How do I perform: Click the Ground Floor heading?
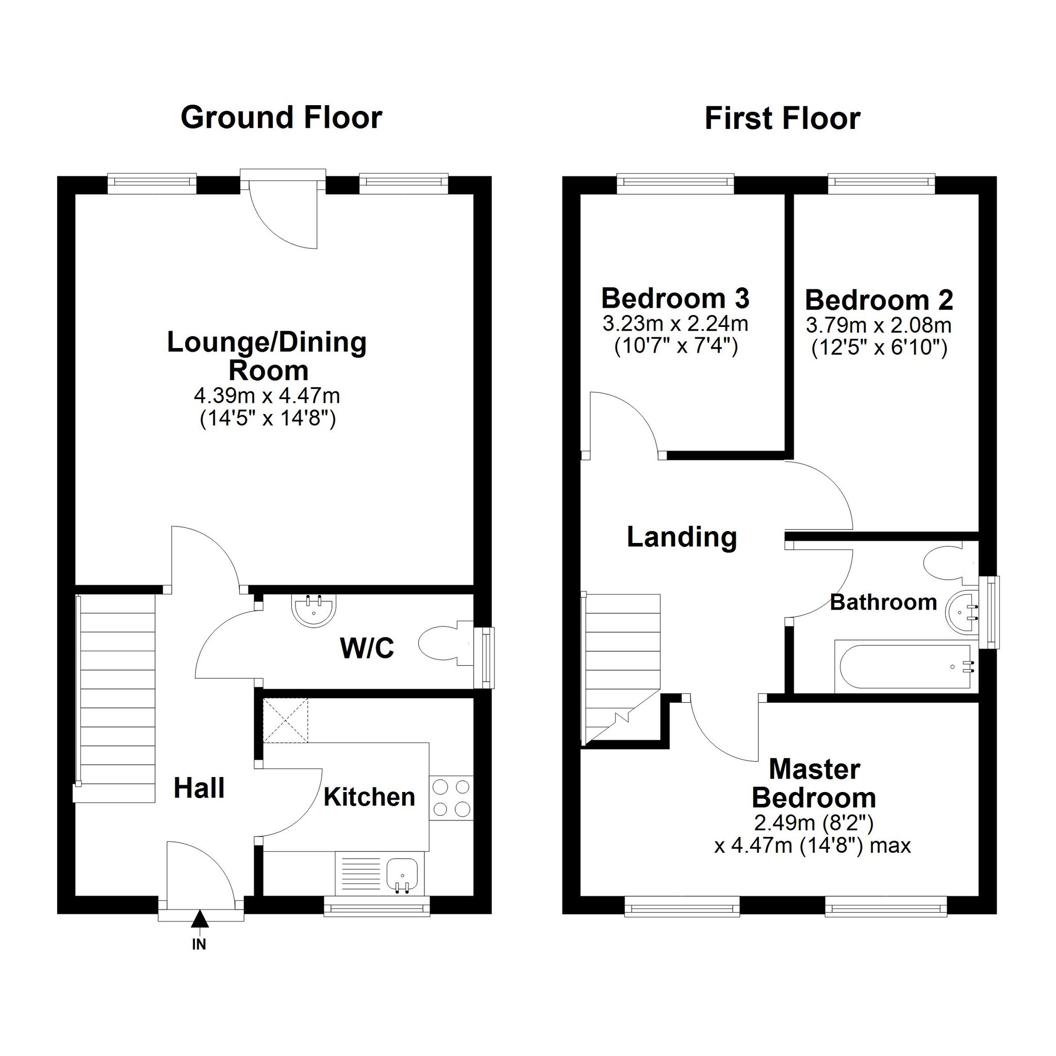point(281,118)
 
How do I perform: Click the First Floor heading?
point(782,119)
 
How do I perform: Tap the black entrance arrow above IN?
point(200,919)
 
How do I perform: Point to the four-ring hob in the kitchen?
point(452,798)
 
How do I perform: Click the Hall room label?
point(199,788)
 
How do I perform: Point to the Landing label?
point(682,537)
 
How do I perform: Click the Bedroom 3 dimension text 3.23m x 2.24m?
point(675,324)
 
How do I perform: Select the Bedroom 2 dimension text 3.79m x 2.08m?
point(879,325)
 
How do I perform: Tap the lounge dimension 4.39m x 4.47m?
point(267,394)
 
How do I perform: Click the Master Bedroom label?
point(814,784)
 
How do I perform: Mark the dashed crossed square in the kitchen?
point(285,720)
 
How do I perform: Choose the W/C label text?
point(367,648)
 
